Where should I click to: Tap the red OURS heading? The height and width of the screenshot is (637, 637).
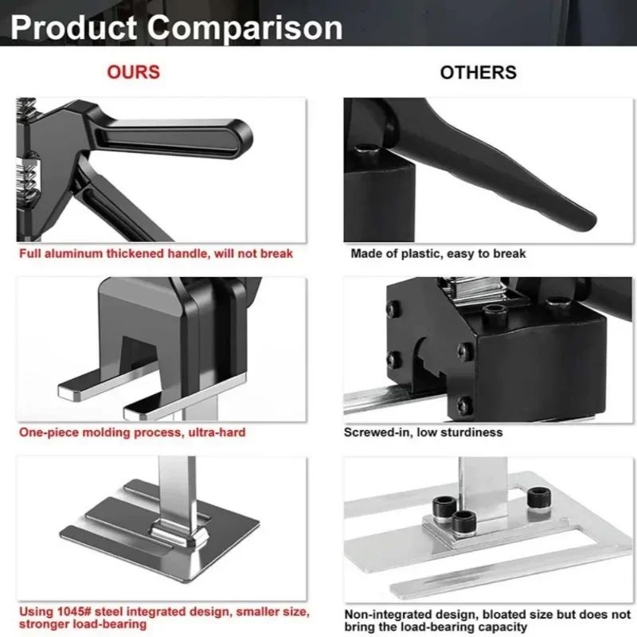pyautogui.click(x=133, y=72)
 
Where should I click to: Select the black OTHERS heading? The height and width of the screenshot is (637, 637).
pyautogui.click(x=478, y=72)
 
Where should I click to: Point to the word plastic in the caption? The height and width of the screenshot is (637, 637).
pyautogui.click(x=427, y=254)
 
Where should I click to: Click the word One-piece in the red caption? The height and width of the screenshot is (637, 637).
pyautogui.click(x=49, y=432)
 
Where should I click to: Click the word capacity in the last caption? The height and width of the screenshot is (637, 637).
pyautogui.click(x=501, y=627)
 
